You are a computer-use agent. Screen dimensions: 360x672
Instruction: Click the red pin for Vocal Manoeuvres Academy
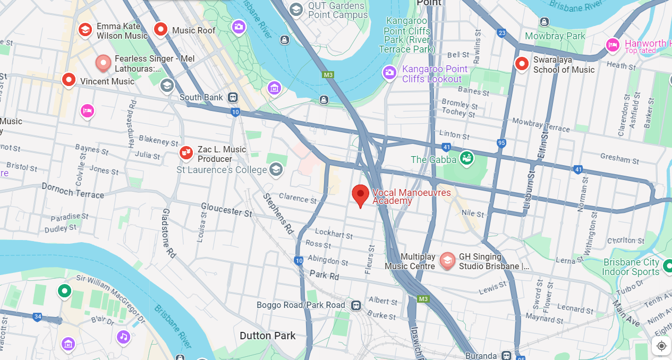(x=361, y=194)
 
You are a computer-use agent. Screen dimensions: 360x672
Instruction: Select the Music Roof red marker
(x=160, y=30)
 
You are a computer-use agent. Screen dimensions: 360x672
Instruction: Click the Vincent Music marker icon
(x=69, y=80)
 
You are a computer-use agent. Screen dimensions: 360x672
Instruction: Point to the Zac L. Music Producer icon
(x=186, y=153)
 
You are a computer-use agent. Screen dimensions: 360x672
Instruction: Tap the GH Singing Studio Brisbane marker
(x=447, y=260)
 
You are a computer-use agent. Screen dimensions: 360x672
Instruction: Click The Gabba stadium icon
(x=466, y=158)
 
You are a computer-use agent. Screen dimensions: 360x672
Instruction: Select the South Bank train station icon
(x=233, y=98)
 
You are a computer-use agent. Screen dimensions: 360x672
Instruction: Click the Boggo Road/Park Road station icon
(x=355, y=305)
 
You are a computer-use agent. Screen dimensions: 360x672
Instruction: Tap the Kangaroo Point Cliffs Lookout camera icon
(x=389, y=73)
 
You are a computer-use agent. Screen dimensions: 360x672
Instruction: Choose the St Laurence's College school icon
(x=275, y=169)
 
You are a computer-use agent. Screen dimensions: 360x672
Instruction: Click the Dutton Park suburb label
(x=267, y=336)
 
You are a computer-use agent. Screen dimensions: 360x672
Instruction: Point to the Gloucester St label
(x=226, y=210)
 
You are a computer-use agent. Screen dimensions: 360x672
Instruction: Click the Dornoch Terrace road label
(x=73, y=190)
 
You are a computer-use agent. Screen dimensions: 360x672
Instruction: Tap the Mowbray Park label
(x=555, y=36)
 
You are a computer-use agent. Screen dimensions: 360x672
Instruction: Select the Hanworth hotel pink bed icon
(x=613, y=45)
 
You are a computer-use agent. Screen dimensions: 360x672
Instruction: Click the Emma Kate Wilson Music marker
(x=85, y=30)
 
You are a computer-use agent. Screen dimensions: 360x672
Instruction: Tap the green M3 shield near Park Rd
(x=423, y=299)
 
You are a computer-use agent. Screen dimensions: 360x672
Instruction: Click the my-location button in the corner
(x=661, y=346)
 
